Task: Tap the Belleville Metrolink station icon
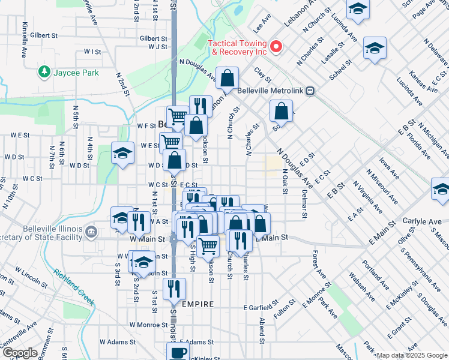pyautogui.click(x=310, y=91)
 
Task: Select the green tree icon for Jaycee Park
pyautogui.click(x=44, y=72)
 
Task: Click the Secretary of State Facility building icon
pyautogui.click(x=91, y=231)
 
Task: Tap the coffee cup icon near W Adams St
pyautogui.click(x=178, y=352)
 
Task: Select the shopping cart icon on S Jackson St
pyautogui.click(x=208, y=245)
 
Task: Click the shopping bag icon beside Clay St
pyautogui.click(x=228, y=77)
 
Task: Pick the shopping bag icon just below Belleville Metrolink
pyautogui.click(x=281, y=110)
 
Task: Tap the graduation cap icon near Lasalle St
pyautogui.click(x=374, y=49)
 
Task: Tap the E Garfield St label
pyautogui.click(x=262, y=307)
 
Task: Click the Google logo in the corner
pyautogui.click(x=20, y=353)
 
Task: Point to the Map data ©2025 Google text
pyautogui.click(x=411, y=356)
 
